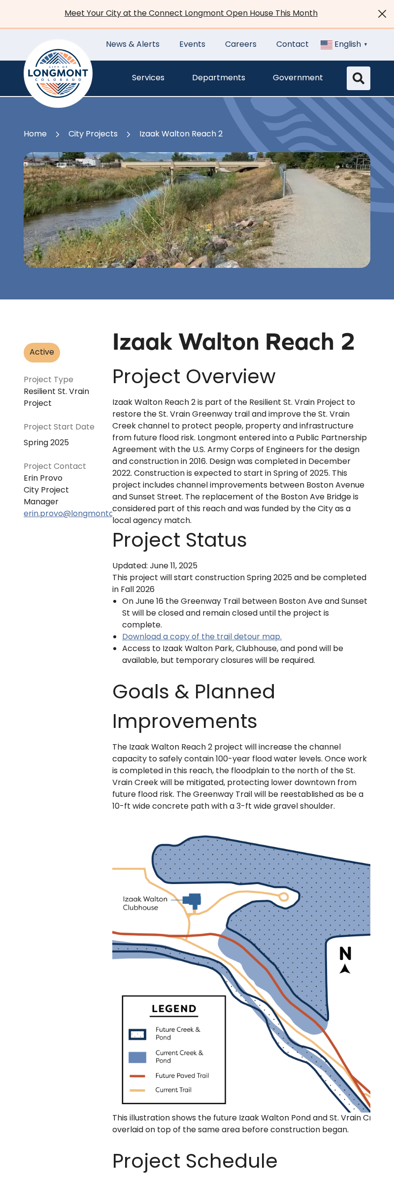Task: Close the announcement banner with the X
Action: [382, 14]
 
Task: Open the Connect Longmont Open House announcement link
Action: [191, 13]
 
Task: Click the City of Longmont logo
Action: [58, 73]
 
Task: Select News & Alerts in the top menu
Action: [132, 44]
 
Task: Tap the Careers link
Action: [240, 44]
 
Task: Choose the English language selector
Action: [344, 44]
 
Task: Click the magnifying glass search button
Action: [358, 78]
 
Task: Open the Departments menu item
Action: [218, 78]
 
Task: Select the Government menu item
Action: [297, 78]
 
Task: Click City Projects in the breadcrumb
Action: [93, 134]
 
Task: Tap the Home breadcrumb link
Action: [35, 134]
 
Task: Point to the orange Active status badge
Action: [42, 352]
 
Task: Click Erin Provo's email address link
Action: [68, 513]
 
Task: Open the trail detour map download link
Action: [202, 637]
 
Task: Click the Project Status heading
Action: [179, 540]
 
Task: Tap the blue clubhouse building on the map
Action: [193, 900]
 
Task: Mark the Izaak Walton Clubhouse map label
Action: [145, 903]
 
